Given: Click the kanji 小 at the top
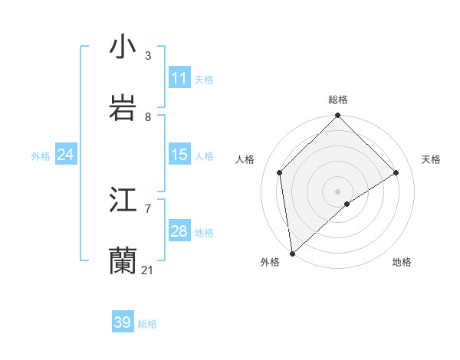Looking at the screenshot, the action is coord(123,47).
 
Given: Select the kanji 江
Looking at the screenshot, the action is coord(123,200).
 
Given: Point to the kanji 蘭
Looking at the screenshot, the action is coord(123,261).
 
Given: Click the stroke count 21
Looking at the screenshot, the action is coord(148,270).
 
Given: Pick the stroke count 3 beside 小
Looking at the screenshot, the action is coord(148,56).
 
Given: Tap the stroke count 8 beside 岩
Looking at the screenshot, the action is coord(148,117).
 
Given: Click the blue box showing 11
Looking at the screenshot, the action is coord(179,78).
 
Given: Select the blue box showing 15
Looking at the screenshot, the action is coord(179,155).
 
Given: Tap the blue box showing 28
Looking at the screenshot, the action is coord(179,231).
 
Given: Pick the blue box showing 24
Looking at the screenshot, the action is coord(66,155).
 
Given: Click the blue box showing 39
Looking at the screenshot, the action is coord(123,322).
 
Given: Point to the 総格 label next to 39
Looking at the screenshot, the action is coord(147,324).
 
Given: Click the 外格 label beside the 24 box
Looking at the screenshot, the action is coord(41,156).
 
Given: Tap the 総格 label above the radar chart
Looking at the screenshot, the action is coord(338,100).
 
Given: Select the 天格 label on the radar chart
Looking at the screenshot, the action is coord(431,159).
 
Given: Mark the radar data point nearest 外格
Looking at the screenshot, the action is coord(292,254).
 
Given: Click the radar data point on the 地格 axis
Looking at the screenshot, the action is coord(347,204).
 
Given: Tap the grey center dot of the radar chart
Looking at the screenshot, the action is coord(338,191).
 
